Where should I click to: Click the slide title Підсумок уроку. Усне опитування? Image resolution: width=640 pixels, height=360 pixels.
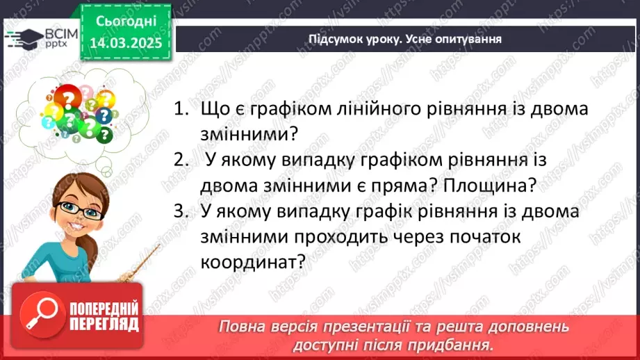point(405,39)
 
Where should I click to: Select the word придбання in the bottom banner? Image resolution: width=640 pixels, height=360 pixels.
point(456,344)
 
